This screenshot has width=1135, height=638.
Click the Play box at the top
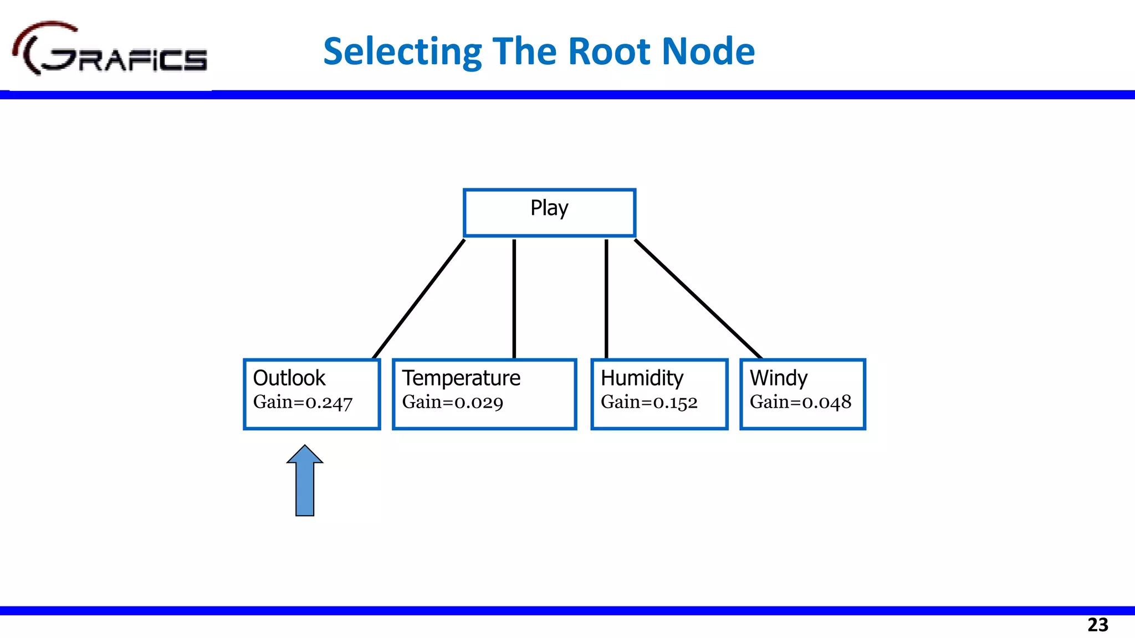click(x=549, y=213)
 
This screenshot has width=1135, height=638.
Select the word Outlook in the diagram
click(x=289, y=378)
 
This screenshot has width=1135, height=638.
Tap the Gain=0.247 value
click(x=303, y=402)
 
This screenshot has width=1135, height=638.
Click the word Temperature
click(x=461, y=378)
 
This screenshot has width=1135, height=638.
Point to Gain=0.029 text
click(x=452, y=402)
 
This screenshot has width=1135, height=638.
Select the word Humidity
click(x=642, y=378)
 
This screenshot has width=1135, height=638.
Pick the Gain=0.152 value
click(x=649, y=402)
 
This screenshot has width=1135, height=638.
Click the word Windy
click(x=778, y=378)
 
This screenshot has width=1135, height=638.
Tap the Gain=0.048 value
click(x=800, y=402)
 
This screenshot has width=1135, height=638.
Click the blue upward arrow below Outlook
click(x=305, y=482)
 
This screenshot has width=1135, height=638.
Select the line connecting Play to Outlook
click(x=419, y=299)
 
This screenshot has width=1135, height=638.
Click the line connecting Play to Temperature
click(x=514, y=299)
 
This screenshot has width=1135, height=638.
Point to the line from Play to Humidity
click(x=606, y=299)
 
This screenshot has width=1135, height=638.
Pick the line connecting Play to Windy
click(x=698, y=299)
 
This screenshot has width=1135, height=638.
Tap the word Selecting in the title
click(x=402, y=52)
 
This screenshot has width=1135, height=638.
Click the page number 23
click(x=1097, y=625)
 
